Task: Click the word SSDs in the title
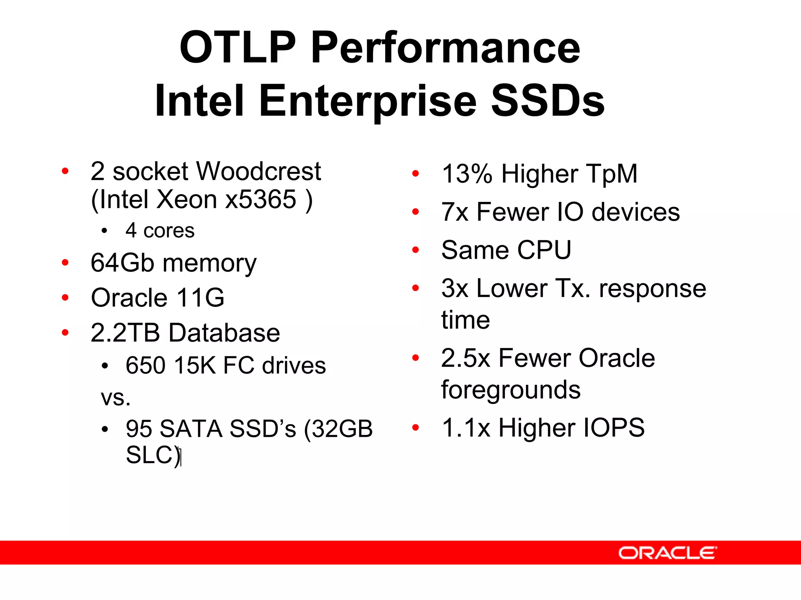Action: pos(548,101)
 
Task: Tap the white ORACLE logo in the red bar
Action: pos(667,553)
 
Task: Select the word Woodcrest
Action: pos(258,171)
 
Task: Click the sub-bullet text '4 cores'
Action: pos(160,231)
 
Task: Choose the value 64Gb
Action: pos(122,263)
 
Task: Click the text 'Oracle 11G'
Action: pos(157,297)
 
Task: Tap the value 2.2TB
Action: pos(125,333)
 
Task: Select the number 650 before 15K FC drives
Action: pos(146,366)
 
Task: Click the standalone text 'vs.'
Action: pos(115,398)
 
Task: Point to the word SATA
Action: pos(191,429)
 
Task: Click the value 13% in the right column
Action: pos(467,174)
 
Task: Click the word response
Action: pos(652,289)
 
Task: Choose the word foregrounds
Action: pos(510,390)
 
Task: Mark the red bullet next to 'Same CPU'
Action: pos(415,250)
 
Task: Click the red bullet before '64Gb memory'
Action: pos(65,263)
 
